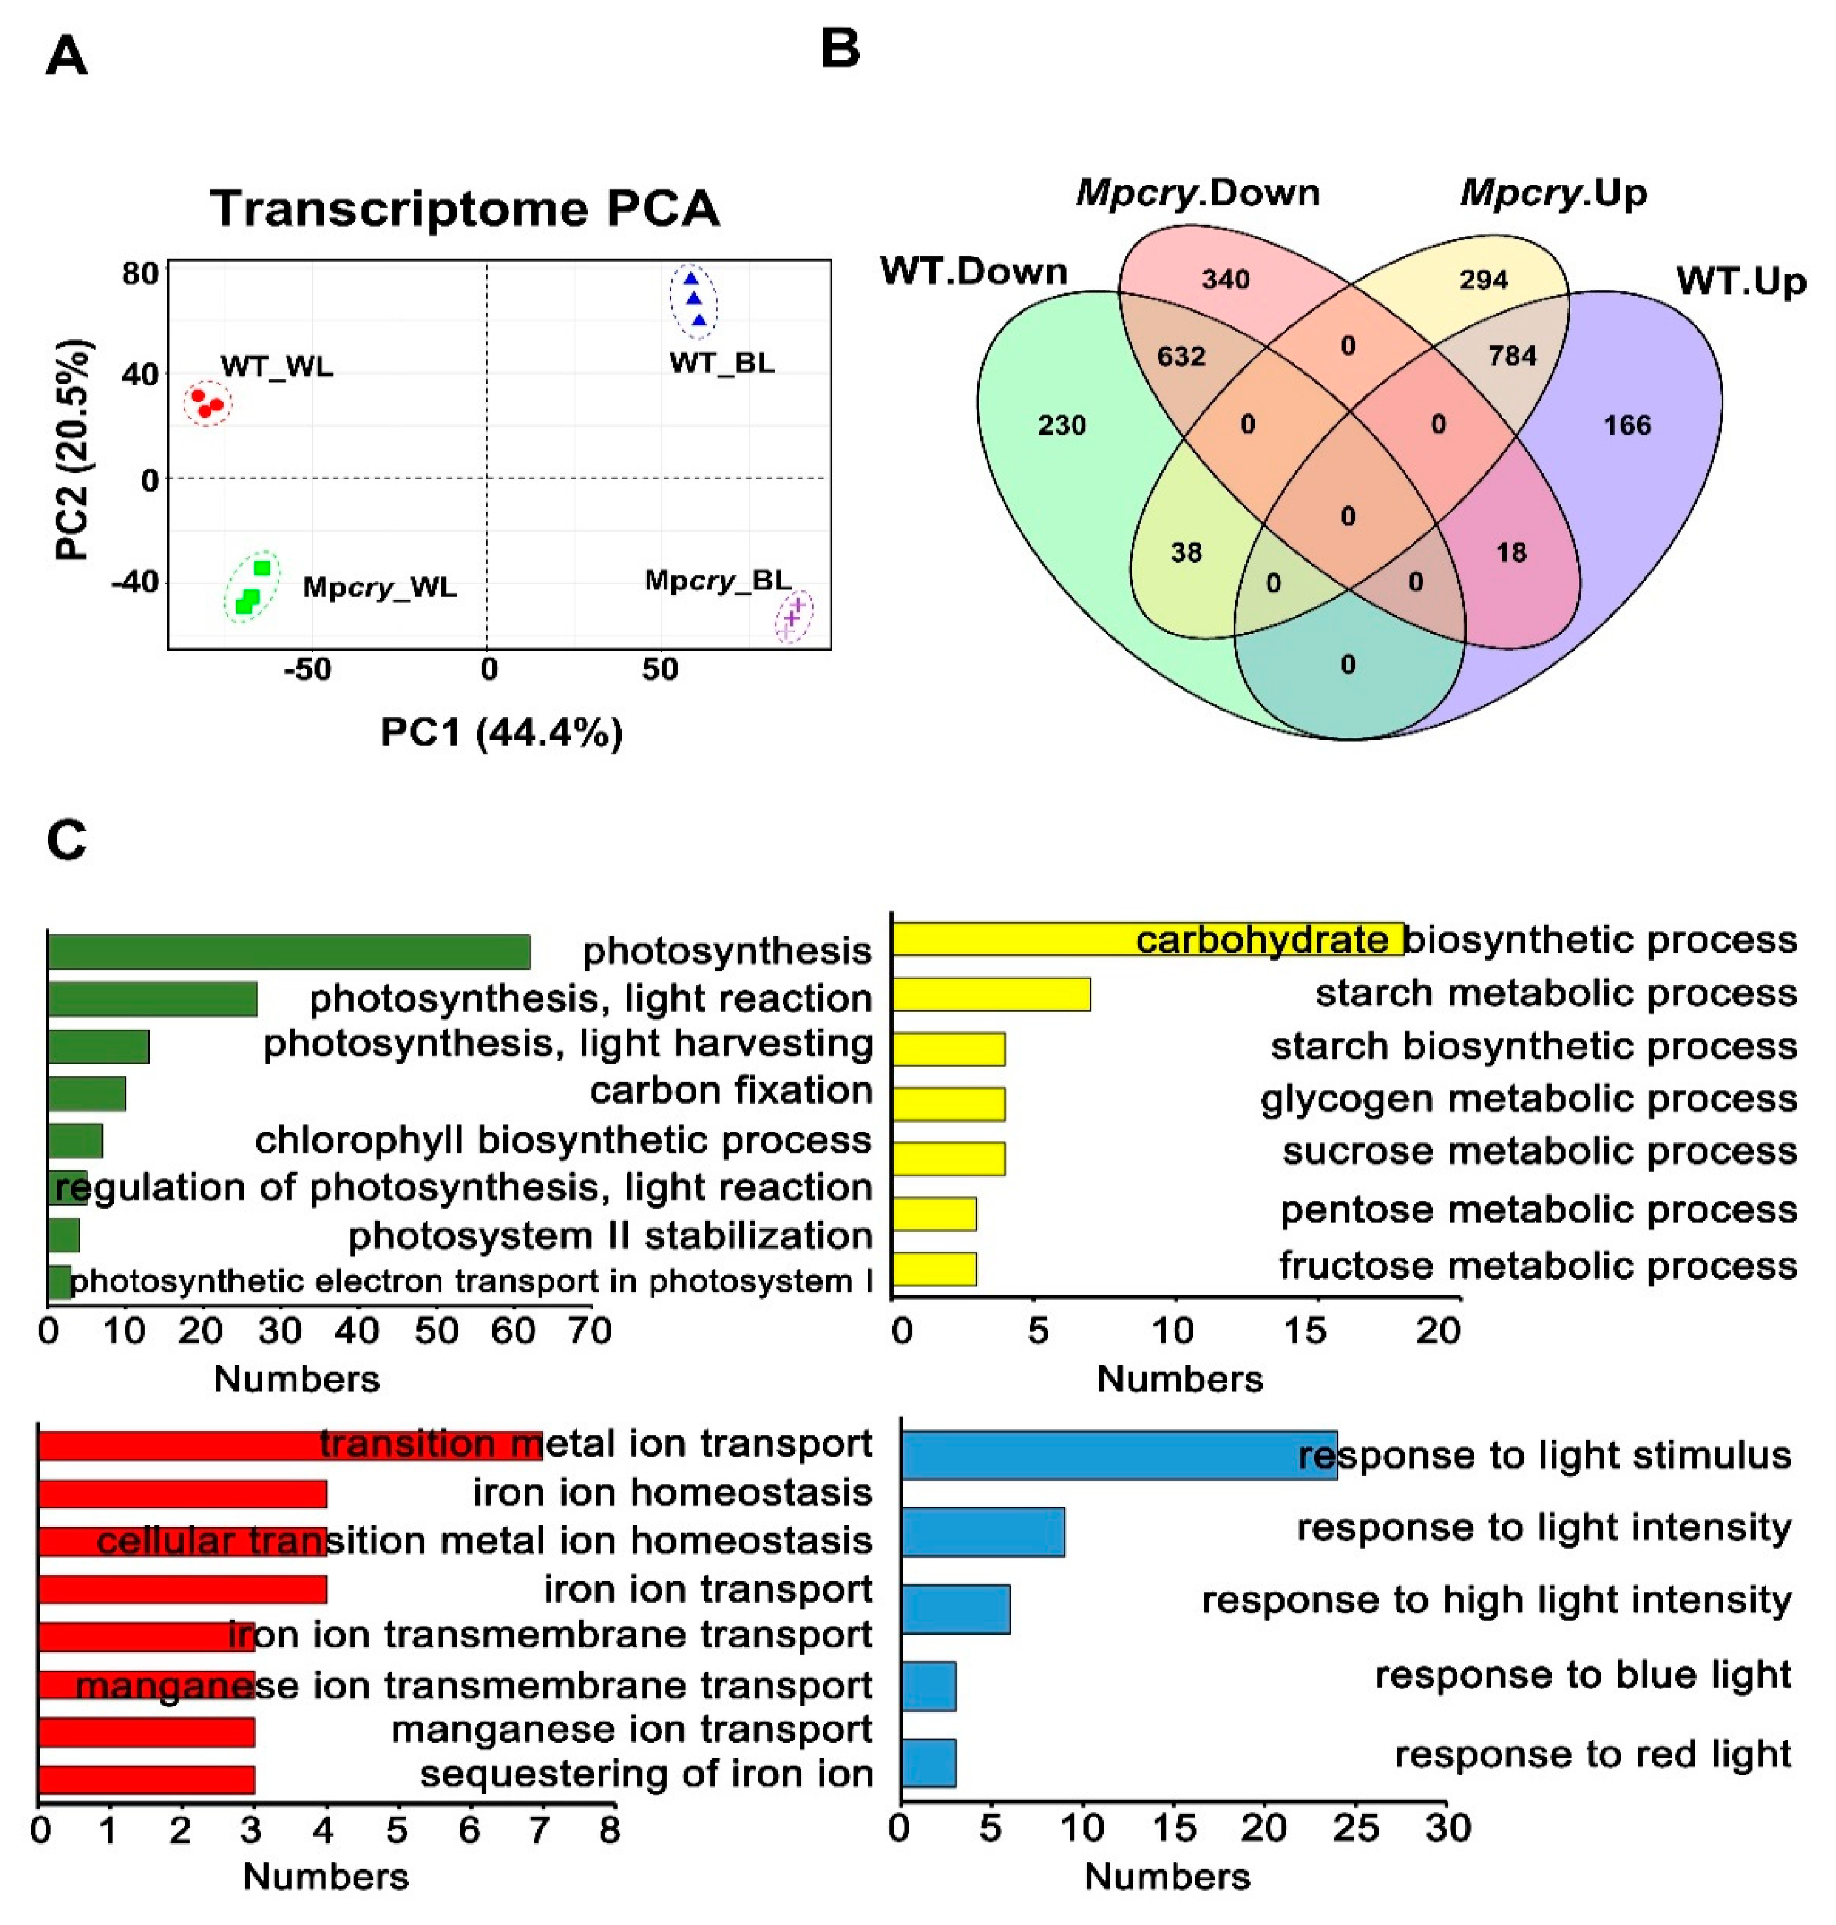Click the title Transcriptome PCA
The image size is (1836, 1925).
tap(465, 209)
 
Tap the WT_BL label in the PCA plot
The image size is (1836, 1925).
tap(722, 363)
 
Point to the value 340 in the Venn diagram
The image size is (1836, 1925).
tap(1225, 280)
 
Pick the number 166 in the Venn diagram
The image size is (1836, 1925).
tap(1626, 425)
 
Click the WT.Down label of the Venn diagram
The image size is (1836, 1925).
tap(974, 271)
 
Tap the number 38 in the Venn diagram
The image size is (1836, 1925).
tap(1186, 553)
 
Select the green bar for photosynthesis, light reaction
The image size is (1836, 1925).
tap(152, 998)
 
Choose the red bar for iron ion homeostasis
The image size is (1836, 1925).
tap(182, 1493)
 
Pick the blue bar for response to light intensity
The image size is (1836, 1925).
tap(983, 1532)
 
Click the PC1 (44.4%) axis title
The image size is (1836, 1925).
tap(501, 732)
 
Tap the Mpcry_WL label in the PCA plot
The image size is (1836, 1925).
tap(380, 587)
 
